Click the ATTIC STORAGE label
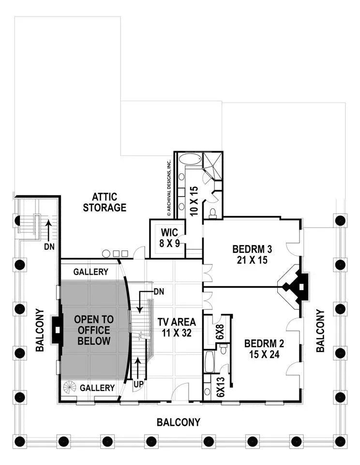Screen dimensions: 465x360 tap(104, 202)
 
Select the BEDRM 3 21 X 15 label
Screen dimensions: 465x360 tap(252, 254)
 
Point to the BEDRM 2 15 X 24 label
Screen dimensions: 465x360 tap(264, 349)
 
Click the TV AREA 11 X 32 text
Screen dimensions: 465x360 tap(177, 327)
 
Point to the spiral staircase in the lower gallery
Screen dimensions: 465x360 tap(70, 387)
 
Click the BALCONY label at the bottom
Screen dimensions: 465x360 tap(178, 422)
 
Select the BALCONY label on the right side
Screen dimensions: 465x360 tap(320, 330)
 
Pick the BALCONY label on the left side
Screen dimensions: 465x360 tap(40, 330)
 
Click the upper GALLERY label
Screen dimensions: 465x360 tap(90, 272)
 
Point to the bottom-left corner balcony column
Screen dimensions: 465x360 tap(20, 441)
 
